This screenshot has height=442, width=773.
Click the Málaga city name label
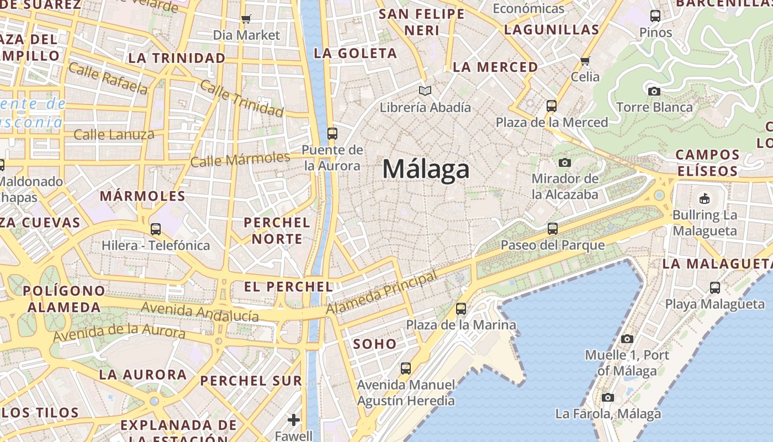426,169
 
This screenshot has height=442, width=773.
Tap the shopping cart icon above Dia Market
246,19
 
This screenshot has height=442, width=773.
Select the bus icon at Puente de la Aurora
332,133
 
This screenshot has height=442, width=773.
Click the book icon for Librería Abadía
425,91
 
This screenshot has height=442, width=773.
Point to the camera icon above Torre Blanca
654,91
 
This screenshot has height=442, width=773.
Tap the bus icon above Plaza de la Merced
551,106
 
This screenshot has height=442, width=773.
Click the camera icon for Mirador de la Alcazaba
564,162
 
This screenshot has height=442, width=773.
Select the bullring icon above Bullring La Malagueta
705,198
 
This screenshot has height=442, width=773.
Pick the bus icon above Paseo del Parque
553,228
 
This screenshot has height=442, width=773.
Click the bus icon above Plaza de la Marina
461,309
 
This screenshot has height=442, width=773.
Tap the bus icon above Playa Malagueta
715,287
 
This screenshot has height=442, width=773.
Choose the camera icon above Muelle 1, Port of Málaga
627,339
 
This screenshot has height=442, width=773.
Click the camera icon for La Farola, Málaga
608,397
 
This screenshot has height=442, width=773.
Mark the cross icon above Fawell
294,420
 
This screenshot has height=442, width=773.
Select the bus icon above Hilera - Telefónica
156,229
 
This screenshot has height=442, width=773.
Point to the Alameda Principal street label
382,293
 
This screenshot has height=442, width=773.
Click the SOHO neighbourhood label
375,344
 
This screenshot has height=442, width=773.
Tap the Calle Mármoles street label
240,160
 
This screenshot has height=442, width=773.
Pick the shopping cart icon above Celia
585,60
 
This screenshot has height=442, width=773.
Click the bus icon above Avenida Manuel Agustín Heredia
406,368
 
